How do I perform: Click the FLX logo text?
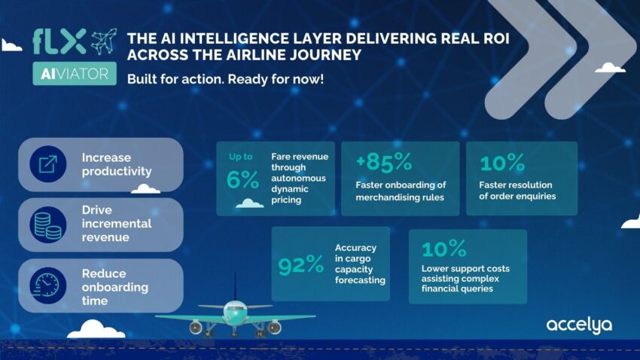tap(59, 41)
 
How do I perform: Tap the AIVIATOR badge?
tap(75, 74)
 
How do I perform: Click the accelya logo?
tap(579, 326)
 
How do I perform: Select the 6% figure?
tap(243, 179)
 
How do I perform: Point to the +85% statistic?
tap(384, 162)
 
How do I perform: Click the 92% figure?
tap(301, 264)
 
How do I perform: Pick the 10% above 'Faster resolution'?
tap(502, 163)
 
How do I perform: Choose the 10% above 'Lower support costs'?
tap(444, 249)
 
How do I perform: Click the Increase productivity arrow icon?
tap(48, 164)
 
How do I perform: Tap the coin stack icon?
tap(48, 225)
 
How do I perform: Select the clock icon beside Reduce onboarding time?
tap(48, 285)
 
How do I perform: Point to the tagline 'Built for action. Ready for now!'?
tap(225, 79)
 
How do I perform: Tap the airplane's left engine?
tap(196, 328)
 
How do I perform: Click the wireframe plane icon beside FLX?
tap(104, 41)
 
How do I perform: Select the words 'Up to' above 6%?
tap(240, 157)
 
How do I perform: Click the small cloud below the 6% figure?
tap(250, 203)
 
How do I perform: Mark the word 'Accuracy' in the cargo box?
tap(355, 248)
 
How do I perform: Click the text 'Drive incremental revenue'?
tap(116, 223)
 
